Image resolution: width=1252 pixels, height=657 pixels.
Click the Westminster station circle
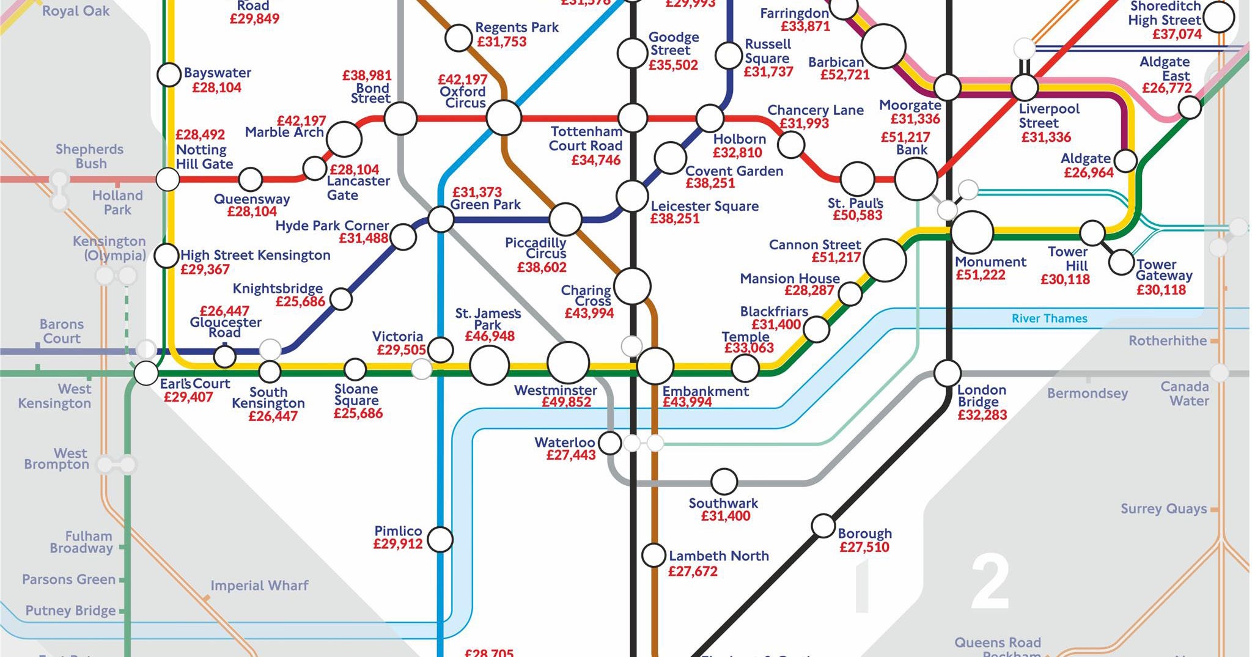click(568, 362)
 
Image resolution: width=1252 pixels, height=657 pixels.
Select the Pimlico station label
click(398, 530)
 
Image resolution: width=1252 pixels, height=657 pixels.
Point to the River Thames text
click(1049, 318)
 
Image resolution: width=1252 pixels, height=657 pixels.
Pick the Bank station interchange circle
click(915, 179)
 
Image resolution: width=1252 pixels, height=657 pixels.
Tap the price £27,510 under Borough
click(864, 547)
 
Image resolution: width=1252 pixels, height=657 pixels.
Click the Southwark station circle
click(724, 482)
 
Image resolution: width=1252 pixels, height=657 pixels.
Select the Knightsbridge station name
click(278, 288)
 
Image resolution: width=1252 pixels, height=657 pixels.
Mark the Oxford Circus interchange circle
click(504, 118)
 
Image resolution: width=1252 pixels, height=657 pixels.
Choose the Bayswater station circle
click(169, 75)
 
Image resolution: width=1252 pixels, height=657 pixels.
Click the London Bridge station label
click(981, 395)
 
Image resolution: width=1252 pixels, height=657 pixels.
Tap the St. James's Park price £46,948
click(490, 336)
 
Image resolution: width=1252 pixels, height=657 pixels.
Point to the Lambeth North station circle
click(654, 555)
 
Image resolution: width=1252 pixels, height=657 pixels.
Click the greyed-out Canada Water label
click(1184, 394)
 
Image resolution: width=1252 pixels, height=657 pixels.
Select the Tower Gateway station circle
click(1121, 262)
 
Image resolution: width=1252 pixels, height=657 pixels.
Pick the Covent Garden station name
click(734, 171)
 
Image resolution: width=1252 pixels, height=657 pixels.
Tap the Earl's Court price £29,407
click(188, 397)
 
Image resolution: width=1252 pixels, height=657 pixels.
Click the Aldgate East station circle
click(1189, 108)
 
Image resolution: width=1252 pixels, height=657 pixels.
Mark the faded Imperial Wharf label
click(259, 585)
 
